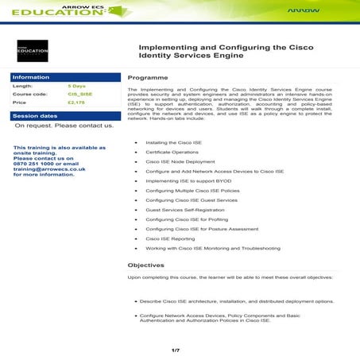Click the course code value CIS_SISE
[x=79, y=94]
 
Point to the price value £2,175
[x=77, y=103]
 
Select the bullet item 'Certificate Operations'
[x=172, y=151]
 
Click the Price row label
[x=20, y=103]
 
